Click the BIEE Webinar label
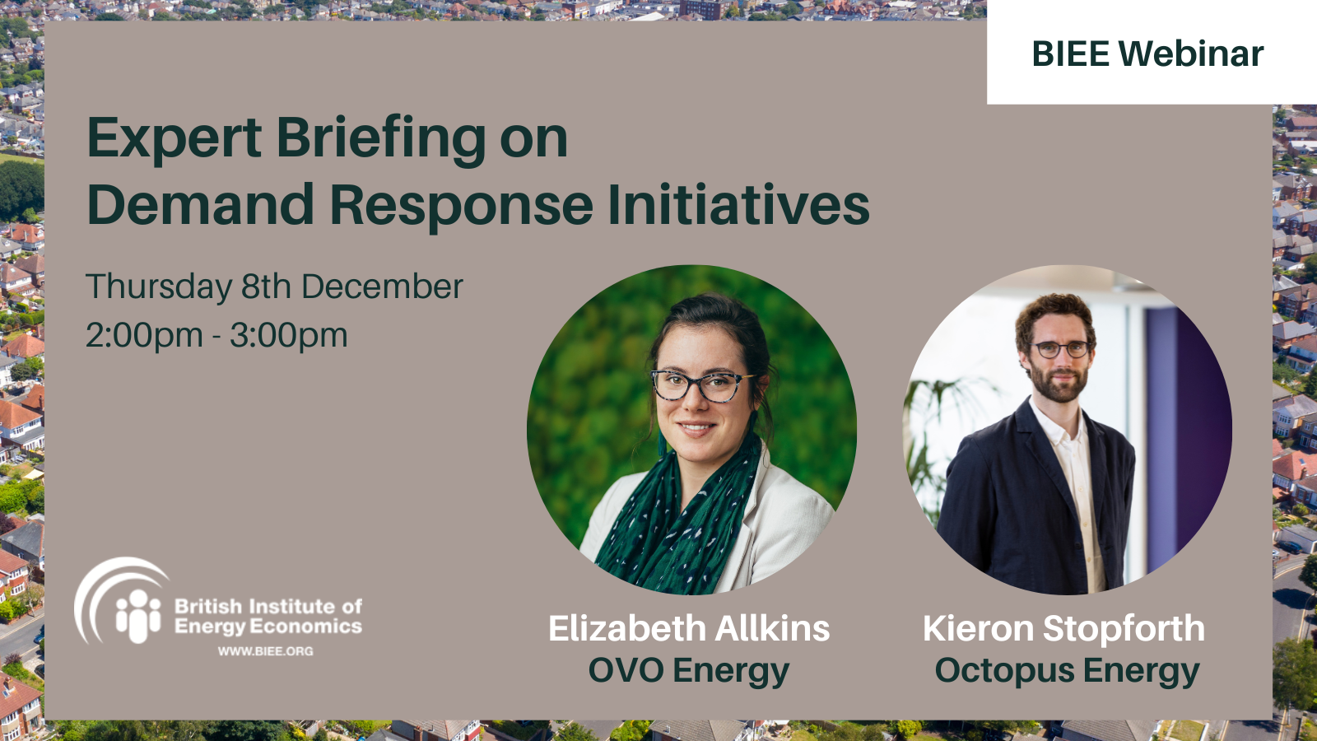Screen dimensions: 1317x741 [1147, 54]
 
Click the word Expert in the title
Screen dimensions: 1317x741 [174, 139]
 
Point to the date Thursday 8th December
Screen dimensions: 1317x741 [275, 287]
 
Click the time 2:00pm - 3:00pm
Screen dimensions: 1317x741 [217, 336]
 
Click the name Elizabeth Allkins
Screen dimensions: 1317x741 [689, 628]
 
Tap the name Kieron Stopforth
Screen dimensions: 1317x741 [1063, 628]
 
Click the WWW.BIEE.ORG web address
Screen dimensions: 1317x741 [266, 651]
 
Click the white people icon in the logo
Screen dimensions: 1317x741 [138, 617]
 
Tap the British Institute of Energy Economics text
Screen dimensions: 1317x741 [268, 616]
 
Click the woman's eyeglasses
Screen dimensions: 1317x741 [700, 384]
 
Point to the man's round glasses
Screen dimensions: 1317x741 [1062, 349]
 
